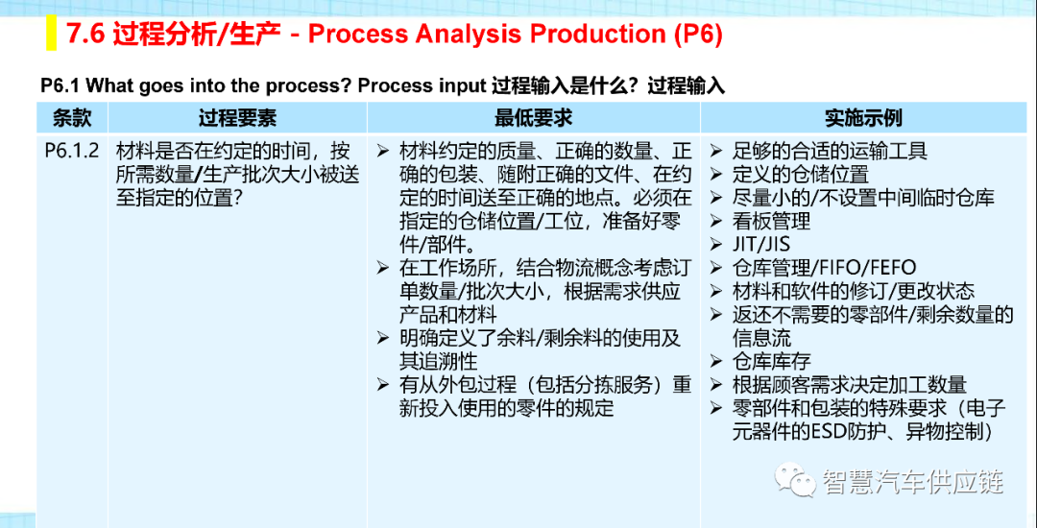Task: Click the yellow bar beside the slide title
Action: point(51,35)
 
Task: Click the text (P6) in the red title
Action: point(698,35)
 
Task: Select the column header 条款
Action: point(71,118)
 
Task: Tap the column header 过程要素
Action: point(237,118)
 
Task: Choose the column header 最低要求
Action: point(533,118)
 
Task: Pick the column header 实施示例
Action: point(863,118)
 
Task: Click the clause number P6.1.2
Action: point(72,151)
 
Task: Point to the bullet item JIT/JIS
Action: point(760,244)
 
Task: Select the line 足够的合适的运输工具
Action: point(830,152)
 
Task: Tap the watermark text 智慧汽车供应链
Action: point(913,481)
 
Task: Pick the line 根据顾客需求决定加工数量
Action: point(849,385)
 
